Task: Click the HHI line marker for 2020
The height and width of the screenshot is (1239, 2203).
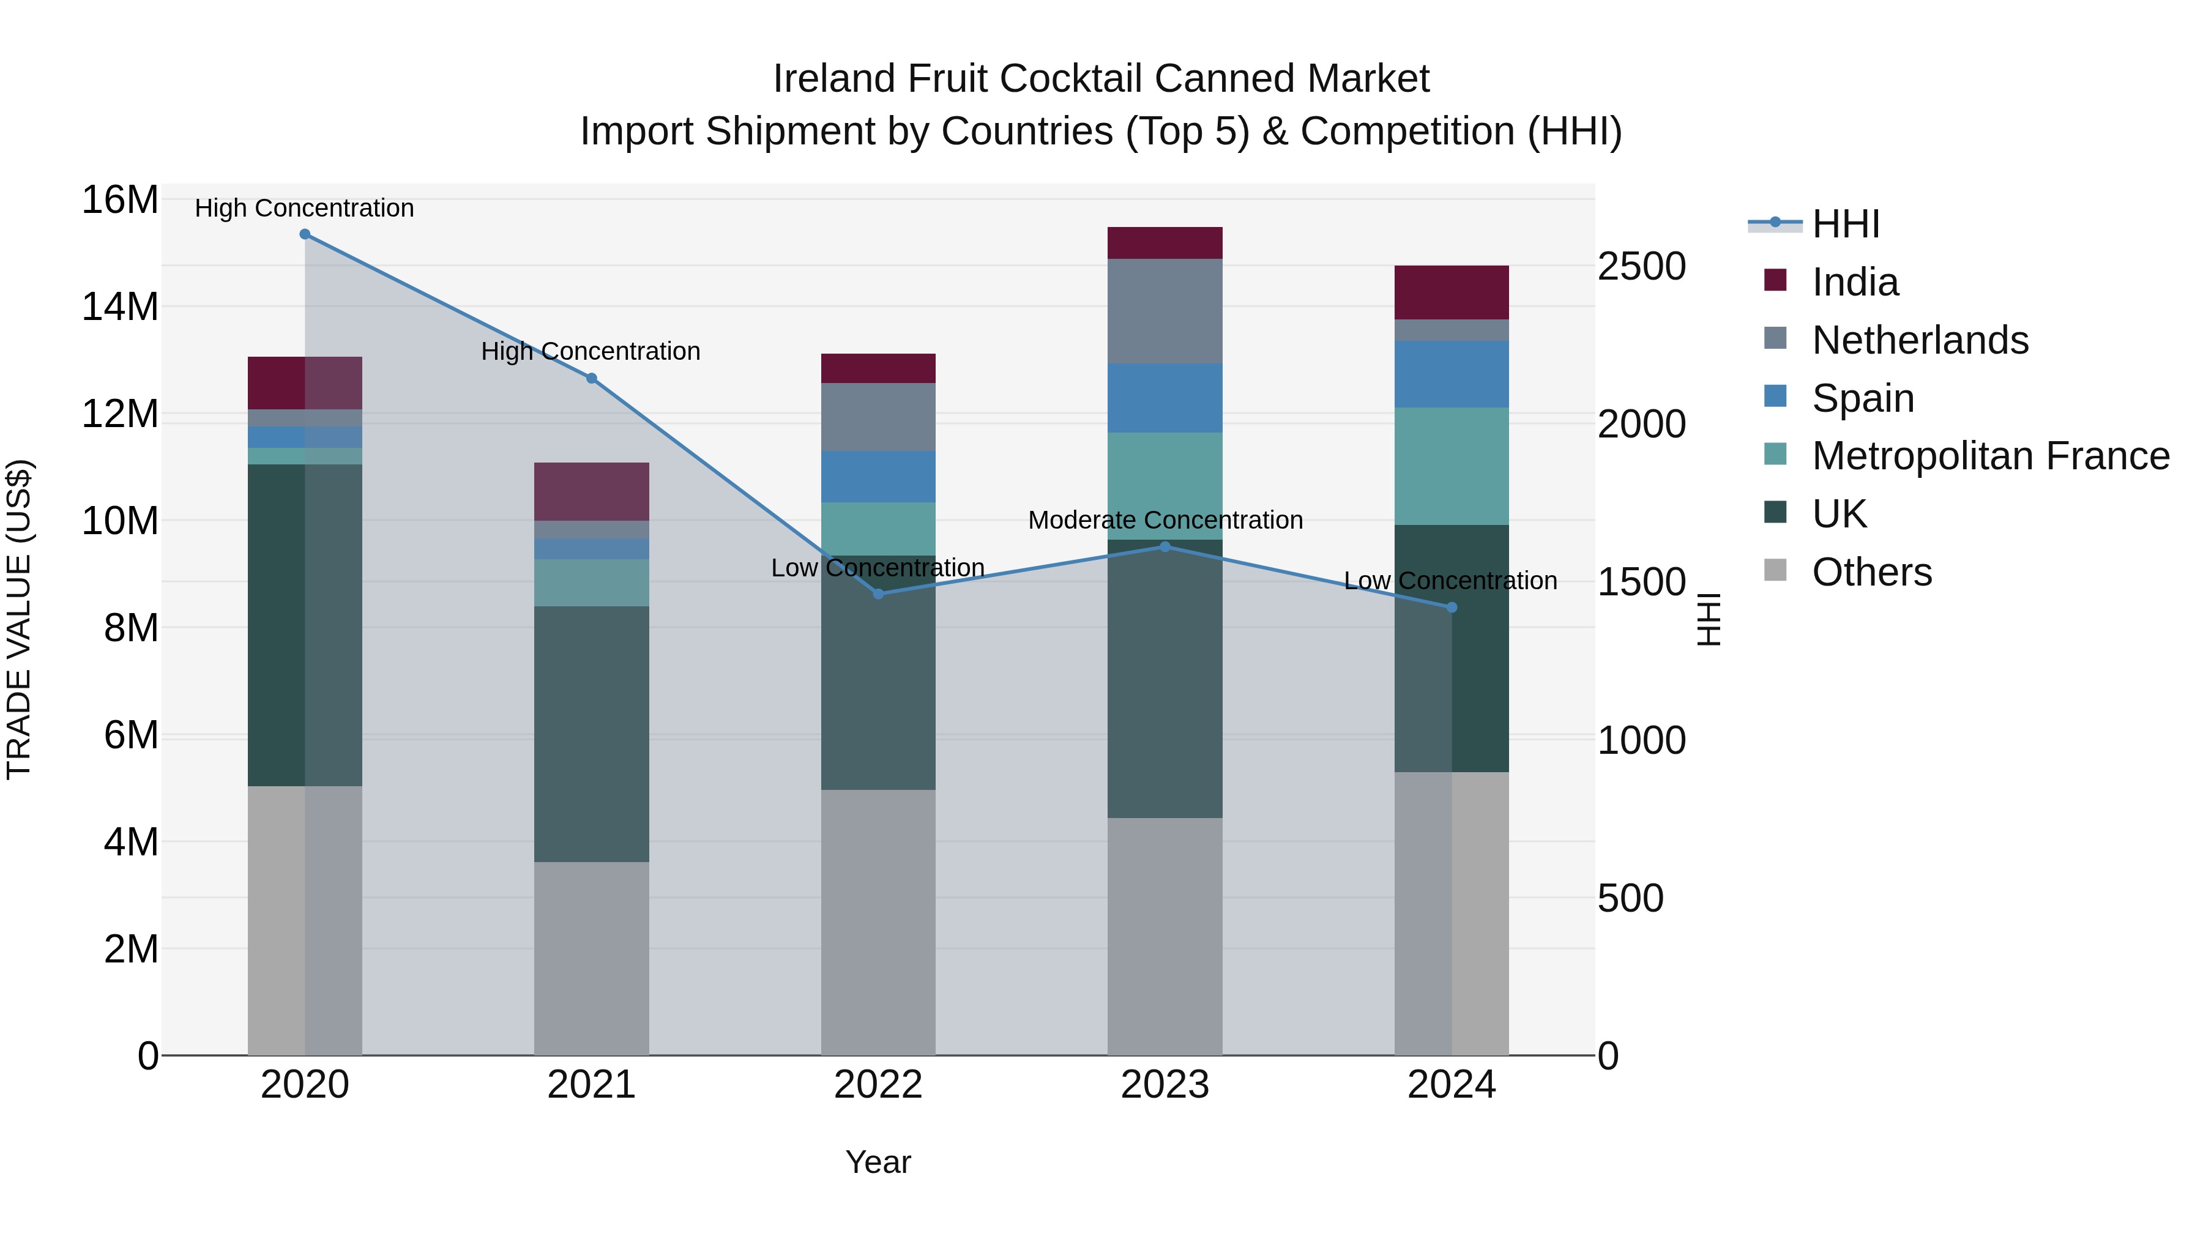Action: click(305, 234)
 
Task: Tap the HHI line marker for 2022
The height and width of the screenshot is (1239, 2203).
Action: click(878, 593)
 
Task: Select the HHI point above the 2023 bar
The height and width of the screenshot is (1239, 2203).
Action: click(1165, 547)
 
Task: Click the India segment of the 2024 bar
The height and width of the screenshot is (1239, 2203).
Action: click(1452, 292)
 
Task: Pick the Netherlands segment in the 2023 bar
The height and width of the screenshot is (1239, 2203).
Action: click(1165, 311)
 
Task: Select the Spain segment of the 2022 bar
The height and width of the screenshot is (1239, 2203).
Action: click(878, 476)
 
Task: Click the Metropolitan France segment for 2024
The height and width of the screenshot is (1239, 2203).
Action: click(1452, 466)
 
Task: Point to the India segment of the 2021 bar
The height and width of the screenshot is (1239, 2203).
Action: click(591, 492)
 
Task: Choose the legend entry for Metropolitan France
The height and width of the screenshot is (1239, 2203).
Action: click(1990, 456)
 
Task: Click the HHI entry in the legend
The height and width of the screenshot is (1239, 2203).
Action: click(1846, 224)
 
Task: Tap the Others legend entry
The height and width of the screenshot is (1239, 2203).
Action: click(1871, 572)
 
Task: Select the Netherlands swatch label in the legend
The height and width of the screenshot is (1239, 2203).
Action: click(1920, 340)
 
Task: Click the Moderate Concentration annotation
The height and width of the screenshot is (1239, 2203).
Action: click(1165, 520)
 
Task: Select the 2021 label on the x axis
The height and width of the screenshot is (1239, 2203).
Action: click(591, 1085)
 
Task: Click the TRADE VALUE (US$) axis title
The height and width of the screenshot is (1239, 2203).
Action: click(19, 619)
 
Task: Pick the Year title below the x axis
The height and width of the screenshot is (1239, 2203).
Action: click(878, 1162)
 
